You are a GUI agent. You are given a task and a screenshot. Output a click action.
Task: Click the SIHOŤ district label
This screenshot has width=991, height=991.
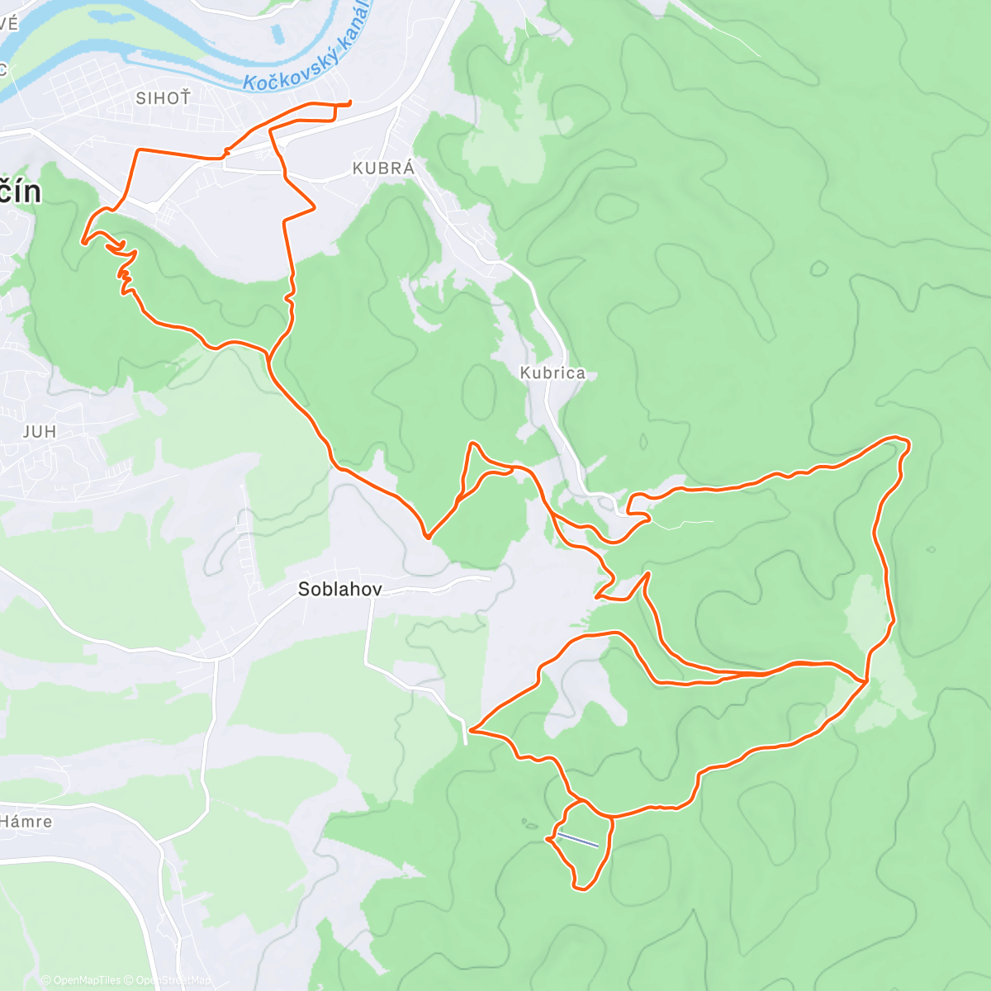coord(163,98)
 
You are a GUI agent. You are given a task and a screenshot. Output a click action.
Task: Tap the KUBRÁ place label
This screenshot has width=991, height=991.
coord(383,168)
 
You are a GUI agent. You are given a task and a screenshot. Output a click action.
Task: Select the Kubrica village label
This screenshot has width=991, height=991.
coord(552,373)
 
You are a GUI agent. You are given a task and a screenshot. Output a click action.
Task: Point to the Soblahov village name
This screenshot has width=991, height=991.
coord(339,590)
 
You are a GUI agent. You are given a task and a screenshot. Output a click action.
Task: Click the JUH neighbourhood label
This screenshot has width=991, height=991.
coord(40,432)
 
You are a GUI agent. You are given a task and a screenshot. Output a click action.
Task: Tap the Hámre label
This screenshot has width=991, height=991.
coord(26,822)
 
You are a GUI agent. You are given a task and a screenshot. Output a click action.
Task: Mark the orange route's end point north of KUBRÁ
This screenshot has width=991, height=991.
coord(350,102)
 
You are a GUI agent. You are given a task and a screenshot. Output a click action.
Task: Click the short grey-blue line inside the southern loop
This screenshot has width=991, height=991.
coord(577,840)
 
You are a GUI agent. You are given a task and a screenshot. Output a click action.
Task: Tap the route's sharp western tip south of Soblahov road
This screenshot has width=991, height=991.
coord(470,730)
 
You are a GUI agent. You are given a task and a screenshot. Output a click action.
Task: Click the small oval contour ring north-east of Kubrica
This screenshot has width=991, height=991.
coord(818,268)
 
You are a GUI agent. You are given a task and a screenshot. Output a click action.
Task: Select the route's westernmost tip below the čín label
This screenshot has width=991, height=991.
coord(82,242)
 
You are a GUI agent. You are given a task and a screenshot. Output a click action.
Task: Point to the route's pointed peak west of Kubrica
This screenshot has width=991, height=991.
coord(472,443)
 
